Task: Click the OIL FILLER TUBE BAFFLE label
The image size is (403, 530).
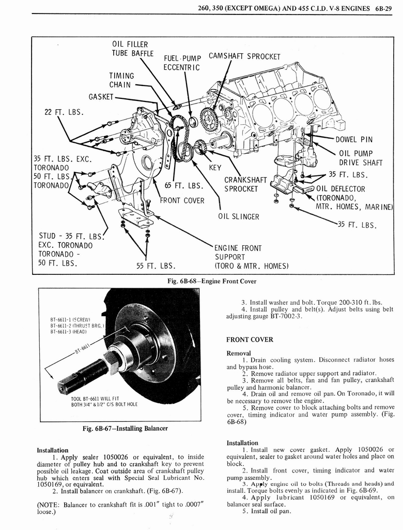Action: point(133,49)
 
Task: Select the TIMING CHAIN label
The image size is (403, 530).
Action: point(121,80)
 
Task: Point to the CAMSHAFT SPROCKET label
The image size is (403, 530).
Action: point(244,56)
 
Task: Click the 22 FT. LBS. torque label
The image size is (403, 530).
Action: point(58,111)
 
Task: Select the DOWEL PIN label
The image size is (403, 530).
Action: point(354,139)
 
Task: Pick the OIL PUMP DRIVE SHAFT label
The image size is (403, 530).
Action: point(360,158)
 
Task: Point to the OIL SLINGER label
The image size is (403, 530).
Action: point(238,216)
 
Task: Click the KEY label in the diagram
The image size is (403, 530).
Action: point(215,168)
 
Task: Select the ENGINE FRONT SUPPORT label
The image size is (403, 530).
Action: point(238,257)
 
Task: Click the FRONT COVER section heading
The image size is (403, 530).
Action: point(250,340)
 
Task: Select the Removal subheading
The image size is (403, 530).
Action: point(238,352)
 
